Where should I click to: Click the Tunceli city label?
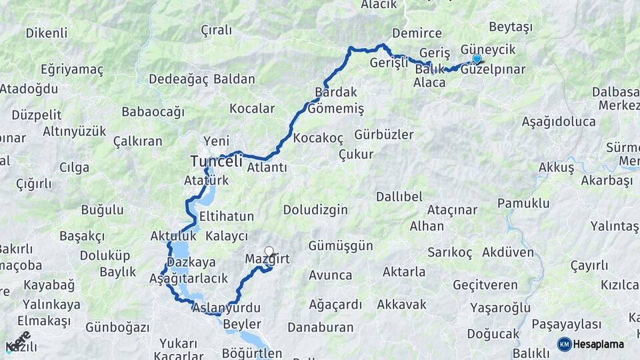216,161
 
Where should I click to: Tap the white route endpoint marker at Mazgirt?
269,251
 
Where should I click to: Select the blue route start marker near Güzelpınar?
477,59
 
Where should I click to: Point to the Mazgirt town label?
267,259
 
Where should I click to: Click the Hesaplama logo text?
599,345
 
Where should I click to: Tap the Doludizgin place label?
315,210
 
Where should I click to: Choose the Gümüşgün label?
341,245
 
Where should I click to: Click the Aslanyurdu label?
226,308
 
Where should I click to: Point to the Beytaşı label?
511,27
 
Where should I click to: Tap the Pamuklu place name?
523,203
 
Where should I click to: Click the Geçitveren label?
485,285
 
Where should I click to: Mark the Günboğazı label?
117,327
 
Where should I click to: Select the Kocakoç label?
318,138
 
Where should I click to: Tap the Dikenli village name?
47,33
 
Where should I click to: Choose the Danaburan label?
320,327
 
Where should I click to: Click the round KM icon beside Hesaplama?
564,345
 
